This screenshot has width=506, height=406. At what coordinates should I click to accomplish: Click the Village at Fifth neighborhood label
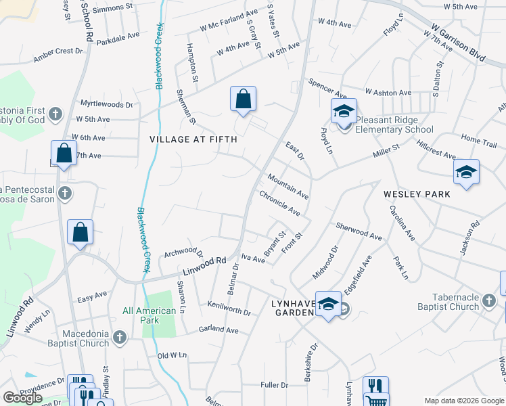point(193,139)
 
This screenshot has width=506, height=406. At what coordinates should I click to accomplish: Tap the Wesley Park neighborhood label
point(417,194)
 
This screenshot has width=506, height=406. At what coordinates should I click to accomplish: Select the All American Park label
point(149,311)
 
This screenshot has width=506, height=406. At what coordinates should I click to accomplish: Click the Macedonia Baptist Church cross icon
point(120,336)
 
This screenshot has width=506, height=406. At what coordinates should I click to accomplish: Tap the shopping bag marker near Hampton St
point(243,99)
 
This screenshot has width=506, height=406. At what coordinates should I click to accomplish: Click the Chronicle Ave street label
point(279,203)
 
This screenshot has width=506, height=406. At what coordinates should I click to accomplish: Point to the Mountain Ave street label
point(287,186)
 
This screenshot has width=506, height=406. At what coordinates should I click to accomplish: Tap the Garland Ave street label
point(218,330)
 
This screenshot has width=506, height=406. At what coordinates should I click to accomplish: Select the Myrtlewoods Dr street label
point(107,104)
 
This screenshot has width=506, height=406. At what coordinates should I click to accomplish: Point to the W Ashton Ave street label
point(388,92)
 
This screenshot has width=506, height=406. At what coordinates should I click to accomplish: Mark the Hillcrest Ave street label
point(436,150)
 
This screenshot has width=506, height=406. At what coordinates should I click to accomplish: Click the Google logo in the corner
point(22,398)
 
